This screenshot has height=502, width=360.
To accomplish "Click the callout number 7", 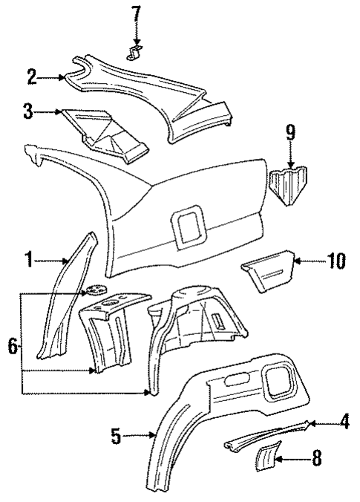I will tap(134, 13).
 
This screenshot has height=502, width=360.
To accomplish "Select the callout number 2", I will tap(31, 76).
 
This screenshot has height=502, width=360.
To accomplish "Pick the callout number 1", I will tap(29, 261).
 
